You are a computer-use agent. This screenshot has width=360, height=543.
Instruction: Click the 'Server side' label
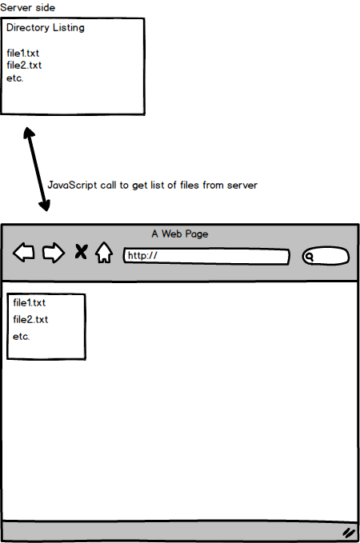click(27, 8)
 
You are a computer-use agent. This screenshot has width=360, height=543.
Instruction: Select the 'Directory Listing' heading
click(46, 28)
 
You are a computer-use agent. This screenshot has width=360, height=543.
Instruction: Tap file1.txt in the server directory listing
click(23, 54)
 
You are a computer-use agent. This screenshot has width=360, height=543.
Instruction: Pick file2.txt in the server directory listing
click(24, 65)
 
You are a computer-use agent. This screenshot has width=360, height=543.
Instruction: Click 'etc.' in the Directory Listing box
click(15, 78)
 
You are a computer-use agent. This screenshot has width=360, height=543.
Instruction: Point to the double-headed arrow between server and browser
click(37, 169)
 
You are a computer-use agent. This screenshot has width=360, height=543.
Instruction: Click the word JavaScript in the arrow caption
click(72, 186)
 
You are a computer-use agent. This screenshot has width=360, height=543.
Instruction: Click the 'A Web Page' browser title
click(180, 234)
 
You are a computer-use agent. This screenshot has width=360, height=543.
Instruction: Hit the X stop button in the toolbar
click(81, 252)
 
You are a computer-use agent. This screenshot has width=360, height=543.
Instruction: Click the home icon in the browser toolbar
click(104, 252)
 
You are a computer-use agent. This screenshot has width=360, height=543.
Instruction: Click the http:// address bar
click(206, 256)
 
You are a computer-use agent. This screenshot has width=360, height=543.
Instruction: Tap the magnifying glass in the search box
click(309, 257)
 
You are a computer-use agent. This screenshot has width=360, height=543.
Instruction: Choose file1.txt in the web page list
click(29, 303)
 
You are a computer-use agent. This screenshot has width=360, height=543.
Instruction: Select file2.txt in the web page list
click(30, 320)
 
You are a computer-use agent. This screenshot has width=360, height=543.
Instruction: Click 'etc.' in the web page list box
click(21, 336)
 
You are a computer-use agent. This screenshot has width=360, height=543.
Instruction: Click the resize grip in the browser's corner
click(349, 533)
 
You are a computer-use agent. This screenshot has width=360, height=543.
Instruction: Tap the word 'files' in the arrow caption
click(189, 186)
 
